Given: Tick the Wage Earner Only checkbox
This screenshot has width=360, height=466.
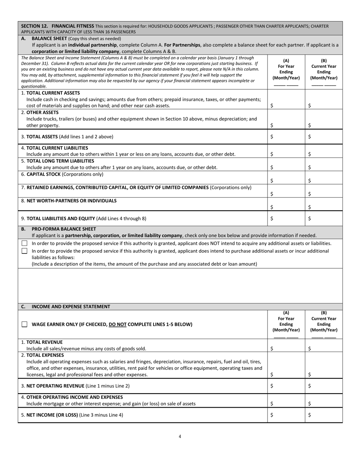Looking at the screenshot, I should [x=25, y=324].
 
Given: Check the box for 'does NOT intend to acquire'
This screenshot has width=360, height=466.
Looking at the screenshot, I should [x=25, y=243].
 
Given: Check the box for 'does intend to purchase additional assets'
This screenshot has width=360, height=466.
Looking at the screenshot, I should [x=25, y=251].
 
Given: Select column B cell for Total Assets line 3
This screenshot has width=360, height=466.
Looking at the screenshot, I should [x=324, y=136].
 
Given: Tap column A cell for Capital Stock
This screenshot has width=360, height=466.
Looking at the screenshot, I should [x=286, y=178].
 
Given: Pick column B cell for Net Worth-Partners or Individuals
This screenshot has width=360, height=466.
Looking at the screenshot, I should [x=324, y=204].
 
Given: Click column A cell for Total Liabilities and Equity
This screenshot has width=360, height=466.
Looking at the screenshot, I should [x=286, y=218].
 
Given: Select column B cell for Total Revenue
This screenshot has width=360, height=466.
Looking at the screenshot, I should [x=324, y=346].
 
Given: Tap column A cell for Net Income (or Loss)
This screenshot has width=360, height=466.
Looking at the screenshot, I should [x=286, y=415].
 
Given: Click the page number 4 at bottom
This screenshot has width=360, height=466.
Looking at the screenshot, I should [x=180, y=436].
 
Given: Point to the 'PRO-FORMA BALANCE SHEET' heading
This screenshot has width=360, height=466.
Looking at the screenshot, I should [x=64, y=229].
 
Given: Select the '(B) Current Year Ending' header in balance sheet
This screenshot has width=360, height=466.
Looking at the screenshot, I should [x=324, y=69].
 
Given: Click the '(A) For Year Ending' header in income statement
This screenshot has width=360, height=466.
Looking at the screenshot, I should [x=286, y=321].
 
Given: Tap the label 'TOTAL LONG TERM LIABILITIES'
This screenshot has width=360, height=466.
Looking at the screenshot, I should [x=60, y=161].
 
